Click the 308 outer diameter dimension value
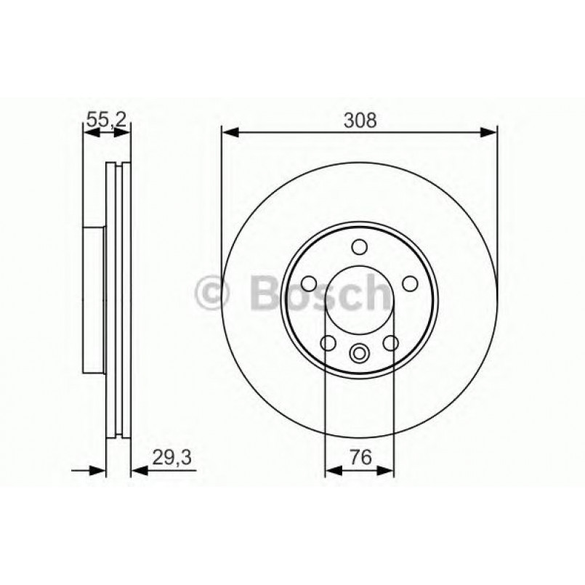pos(360,121)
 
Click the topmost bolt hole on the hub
pos(360,247)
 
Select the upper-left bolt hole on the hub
pos(308,283)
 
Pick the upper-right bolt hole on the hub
pos(411,283)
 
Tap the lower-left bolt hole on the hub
pos(328,343)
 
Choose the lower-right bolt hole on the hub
pos(392,343)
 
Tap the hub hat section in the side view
pos(94,298)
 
